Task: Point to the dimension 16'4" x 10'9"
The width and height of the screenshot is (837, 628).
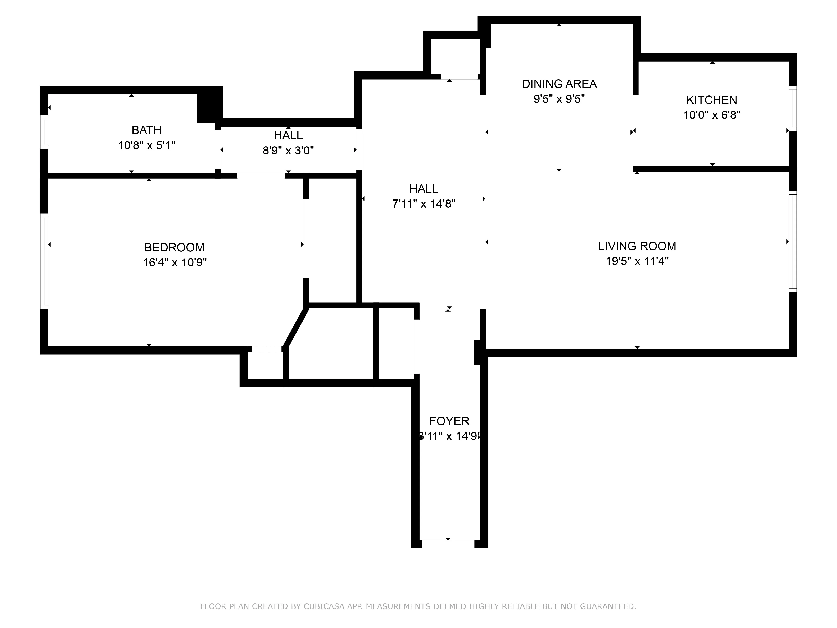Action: coord(175,262)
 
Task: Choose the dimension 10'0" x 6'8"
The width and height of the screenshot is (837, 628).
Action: coord(711,115)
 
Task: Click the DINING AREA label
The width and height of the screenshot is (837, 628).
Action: coord(559,84)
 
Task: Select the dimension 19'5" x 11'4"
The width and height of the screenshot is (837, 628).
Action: coord(637,261)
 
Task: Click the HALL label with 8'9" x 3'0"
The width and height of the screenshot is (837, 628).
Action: coord(288,135)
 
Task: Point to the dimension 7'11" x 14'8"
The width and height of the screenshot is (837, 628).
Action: coord(424,204)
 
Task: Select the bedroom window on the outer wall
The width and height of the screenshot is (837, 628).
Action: coord(44,261)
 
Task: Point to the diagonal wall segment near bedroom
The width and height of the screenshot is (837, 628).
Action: coord(296,327)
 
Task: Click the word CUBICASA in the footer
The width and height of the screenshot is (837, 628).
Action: coord(324,606)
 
